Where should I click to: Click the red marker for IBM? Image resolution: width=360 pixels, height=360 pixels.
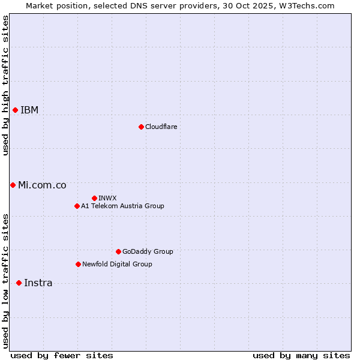(x=15, y=110)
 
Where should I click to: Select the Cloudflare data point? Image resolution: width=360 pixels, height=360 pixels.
(x=141, y=127)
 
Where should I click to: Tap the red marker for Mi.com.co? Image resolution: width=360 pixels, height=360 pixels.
(x=13, y=185)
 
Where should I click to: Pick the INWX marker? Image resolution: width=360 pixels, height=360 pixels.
(x=94, y=198)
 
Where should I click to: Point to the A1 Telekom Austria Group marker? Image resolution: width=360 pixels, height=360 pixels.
(x=77, y=206)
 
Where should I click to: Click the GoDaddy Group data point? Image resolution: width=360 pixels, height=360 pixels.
(x=118, y=251)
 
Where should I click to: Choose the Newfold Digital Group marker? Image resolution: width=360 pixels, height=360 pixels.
(x=78, y=264)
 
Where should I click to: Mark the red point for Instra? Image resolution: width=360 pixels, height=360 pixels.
(x=19, y=283)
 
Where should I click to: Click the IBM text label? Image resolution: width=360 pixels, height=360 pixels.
(x=29, y=110)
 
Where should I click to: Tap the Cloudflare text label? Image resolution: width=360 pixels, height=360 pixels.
(x=161, y=127)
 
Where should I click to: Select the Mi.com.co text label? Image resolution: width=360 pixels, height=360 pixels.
(x=42, y=185)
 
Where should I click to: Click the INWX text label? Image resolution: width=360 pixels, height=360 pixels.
(x=107, y=198)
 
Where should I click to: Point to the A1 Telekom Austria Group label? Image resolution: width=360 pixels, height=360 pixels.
(x=122, y=206)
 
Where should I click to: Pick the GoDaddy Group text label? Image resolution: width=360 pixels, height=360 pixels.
(x=148, y=251)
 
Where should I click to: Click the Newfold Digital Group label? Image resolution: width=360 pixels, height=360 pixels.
(x=117, y=264)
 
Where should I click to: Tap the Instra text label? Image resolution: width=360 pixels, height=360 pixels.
(x=38, y=283)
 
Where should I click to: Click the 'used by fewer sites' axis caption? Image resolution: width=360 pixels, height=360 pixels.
(x=62, y=355)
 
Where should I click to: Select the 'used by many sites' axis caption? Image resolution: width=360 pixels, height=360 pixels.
(x=301, y=355)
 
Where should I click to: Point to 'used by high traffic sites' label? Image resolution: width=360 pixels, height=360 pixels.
(x=5, y=85)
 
